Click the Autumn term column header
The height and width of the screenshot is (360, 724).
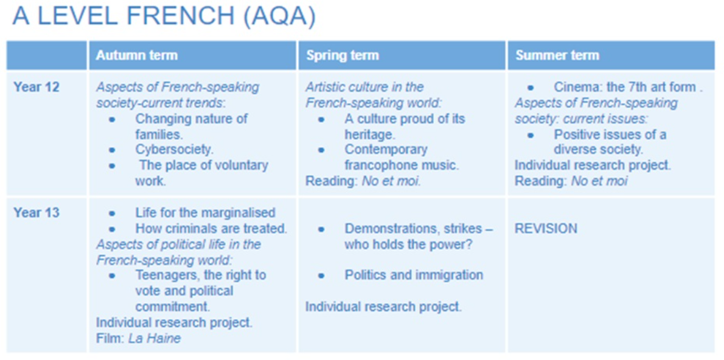(x=137, y=55)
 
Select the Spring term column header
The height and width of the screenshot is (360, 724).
(x=342, y=55)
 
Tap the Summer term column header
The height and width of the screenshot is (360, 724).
(x=557, y=55)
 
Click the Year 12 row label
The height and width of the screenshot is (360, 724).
(x=36, y=87)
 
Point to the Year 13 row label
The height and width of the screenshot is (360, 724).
(x=36, y=213)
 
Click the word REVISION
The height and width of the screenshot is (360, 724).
(x=546, y=229)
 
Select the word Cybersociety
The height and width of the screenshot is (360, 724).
(x=174, y=150)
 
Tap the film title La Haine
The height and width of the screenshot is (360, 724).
(x=154, y=338)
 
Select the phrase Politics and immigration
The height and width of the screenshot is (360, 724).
(x=414, y=275)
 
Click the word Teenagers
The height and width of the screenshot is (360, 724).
(x=167, y=275)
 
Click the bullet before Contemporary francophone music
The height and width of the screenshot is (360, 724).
(x=321, y=150)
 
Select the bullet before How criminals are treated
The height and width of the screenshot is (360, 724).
(x=112, y=229)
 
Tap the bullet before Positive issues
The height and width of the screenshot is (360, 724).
(x=531, y=135)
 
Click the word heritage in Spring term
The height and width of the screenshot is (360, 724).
(x=369, y=134)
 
